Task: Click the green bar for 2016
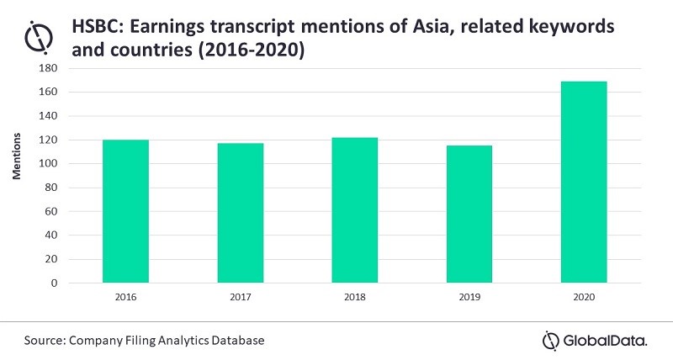point(125,211)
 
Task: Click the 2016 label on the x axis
point(125,298)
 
